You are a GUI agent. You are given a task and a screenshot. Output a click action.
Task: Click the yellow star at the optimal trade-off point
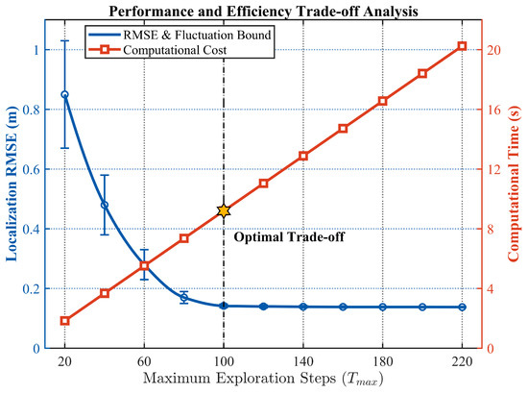[224, 211]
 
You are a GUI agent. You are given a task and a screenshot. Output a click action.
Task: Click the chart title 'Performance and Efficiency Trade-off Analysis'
[263, 12]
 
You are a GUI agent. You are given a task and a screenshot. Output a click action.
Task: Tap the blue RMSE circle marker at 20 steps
[64, 94]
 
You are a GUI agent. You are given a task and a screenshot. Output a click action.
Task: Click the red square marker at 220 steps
[462, 46]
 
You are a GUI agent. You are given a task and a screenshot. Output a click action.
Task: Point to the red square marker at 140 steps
[303, 156]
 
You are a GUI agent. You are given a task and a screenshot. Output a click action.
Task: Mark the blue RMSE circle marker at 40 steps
[105, 205]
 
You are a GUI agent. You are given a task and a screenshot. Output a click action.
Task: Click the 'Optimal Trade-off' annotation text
[289, 237]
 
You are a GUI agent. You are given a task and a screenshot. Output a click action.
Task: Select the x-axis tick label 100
[224, 361]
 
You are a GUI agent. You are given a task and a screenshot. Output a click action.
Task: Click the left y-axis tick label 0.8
[31, 110]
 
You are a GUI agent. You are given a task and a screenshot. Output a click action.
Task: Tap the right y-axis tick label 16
[493, 110]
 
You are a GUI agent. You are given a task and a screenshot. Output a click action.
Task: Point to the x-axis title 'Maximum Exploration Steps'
[239, 379]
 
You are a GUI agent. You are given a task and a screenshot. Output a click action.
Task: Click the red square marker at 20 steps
[64, 321]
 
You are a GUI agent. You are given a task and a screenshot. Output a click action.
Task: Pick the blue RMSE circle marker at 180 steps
[382, 308]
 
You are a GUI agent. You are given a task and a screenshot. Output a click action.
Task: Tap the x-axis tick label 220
[462, 361]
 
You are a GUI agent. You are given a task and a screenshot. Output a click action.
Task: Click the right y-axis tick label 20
[493, 50]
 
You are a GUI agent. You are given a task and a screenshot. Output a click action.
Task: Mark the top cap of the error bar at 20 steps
[64, 40]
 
